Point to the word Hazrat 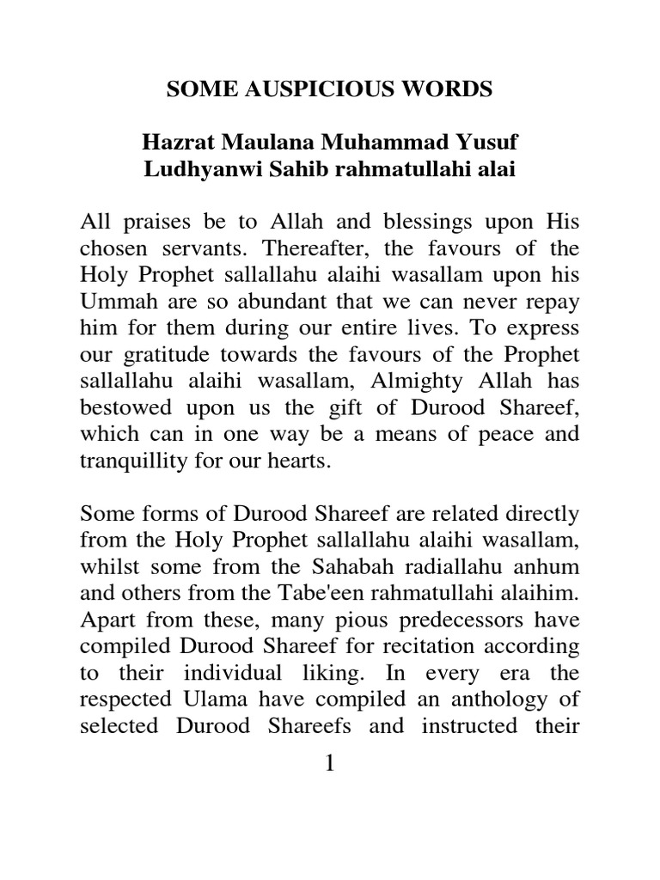(x=178, y=142)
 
